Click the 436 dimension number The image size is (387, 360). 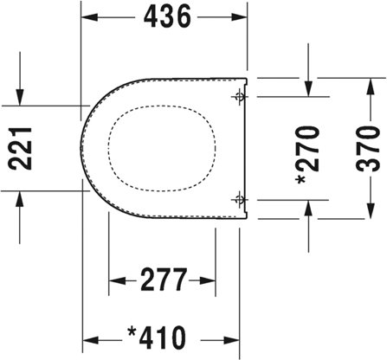tap(167, 16)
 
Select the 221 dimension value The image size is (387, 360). tap(20, 148)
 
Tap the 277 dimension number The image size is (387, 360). tap(164, 280)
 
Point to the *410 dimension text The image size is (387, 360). tap(158, 337)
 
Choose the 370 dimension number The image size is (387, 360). tap(368, 149)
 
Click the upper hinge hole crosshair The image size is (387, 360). tap(239, 96)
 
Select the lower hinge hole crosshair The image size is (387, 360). tap(239, 199)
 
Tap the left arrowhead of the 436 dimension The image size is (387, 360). tap(90, 17)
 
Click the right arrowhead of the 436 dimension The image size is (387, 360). tap(239, 17)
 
